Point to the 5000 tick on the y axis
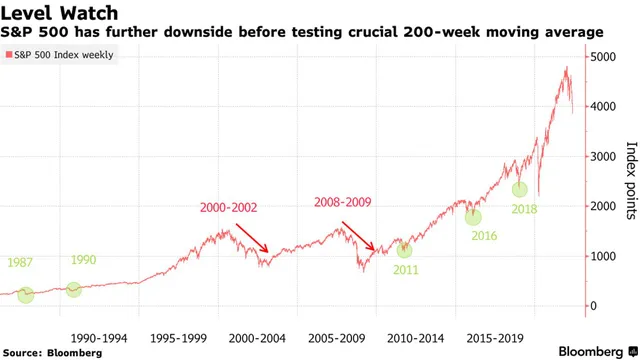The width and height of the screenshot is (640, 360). (604, 56)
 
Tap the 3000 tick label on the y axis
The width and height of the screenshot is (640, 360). (604, 156)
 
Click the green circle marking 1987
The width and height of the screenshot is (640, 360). (26, 295)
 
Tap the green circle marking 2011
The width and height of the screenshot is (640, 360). (404, 250)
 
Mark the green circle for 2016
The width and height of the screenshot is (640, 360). (473, 216)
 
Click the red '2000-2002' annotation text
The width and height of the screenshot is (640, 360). (229, 208)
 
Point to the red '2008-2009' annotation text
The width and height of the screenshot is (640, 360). (343, 202)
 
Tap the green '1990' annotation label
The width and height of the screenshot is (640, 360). (83, 260)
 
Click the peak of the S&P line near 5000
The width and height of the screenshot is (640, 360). (567, 68)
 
